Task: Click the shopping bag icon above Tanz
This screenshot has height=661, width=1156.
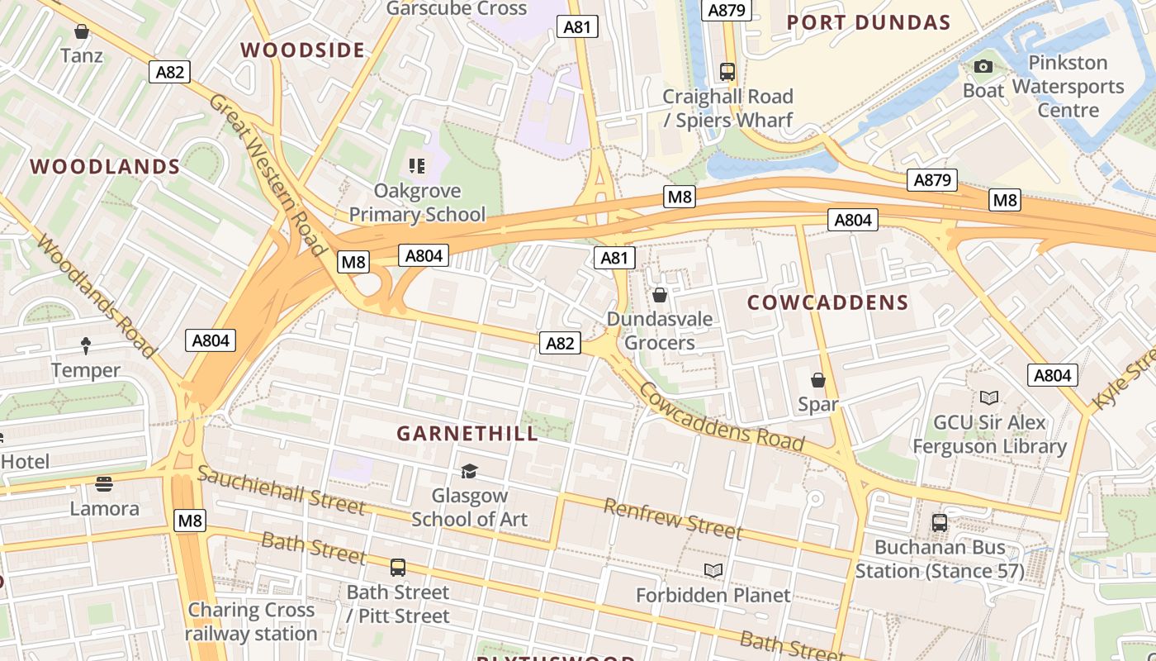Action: (82, 32)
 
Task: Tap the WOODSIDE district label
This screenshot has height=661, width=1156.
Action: (303, 50)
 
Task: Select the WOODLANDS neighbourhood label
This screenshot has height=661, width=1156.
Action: (105, 166)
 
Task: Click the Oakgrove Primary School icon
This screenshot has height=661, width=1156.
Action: (417, 166)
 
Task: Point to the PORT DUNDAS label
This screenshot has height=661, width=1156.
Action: (869, 22)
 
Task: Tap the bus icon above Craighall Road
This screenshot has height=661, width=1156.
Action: (727, 72)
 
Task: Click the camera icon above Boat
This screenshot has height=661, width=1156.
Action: (983, 66)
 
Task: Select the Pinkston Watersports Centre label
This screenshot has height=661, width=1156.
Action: (1068, 86)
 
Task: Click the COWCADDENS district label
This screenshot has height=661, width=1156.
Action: (827, 302)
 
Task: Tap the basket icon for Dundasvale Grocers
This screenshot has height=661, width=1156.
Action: (660, 295)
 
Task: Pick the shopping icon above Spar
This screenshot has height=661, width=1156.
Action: (817, 380)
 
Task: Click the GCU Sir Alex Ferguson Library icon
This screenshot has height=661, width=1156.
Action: (988, 397)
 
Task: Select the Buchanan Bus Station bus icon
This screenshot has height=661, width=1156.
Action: (940, 522)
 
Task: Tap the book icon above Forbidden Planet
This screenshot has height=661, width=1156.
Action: (713, 570)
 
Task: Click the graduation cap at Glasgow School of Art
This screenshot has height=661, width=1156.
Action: (469, 471)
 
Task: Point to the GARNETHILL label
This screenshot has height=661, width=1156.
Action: (467, 433)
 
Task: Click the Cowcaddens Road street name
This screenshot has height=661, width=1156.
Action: (722, 418)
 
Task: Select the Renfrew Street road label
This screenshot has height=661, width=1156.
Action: (673, 518)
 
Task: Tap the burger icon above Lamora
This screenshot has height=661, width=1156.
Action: (104, 483)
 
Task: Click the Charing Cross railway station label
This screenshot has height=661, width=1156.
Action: (251, 621)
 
